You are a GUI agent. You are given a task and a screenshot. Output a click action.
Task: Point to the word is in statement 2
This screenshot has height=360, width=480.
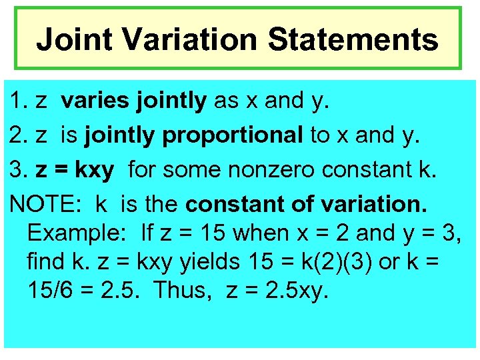tap(69, 135)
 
